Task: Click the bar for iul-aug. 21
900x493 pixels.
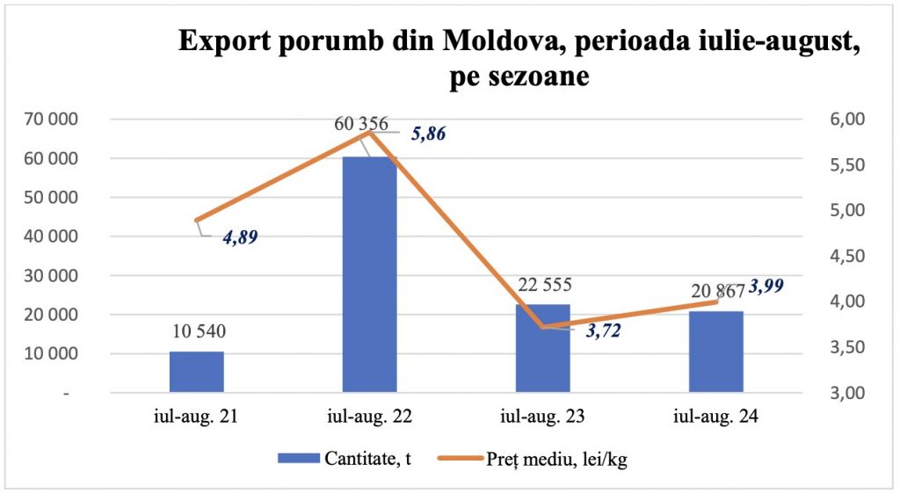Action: (196, 372)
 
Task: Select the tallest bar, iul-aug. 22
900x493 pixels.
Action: (369, 274)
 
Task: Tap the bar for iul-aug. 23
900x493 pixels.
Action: (542, 348)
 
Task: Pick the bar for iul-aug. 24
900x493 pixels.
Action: (715, 352)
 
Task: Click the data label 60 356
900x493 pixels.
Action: (361, 124)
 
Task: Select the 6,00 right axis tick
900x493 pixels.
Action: (848, 120)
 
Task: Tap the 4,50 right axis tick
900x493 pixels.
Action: (848, 256)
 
